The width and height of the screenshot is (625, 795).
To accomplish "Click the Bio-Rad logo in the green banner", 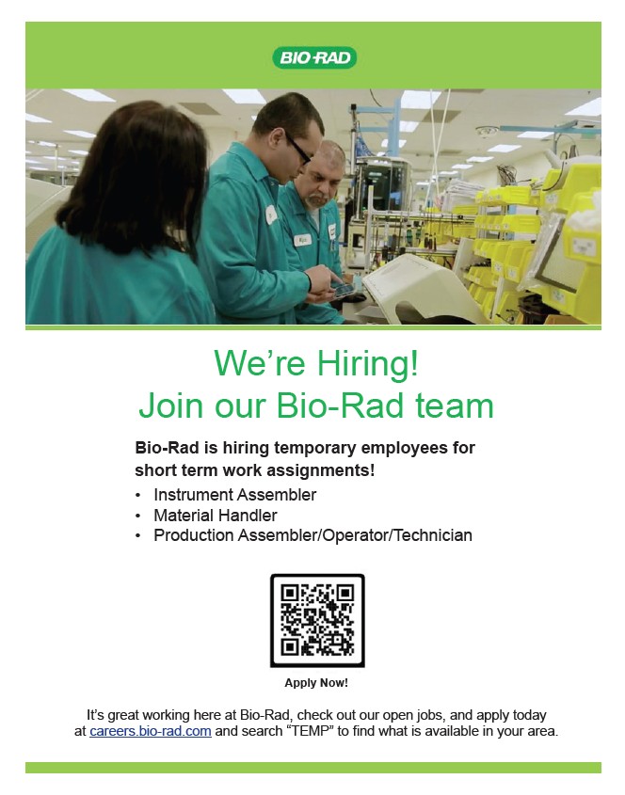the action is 314,57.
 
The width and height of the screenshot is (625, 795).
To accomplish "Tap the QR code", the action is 317,620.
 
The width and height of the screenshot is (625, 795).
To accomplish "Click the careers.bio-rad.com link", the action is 151,731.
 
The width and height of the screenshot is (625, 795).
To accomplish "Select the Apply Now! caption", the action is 316,682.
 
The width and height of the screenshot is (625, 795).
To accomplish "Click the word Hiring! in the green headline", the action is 368,363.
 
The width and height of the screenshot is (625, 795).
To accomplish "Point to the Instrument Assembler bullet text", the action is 235,494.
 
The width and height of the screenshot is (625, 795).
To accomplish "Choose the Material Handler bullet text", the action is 216,516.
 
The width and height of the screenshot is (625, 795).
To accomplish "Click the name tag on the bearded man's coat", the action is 303,239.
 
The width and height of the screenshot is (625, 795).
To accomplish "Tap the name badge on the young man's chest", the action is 271,215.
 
